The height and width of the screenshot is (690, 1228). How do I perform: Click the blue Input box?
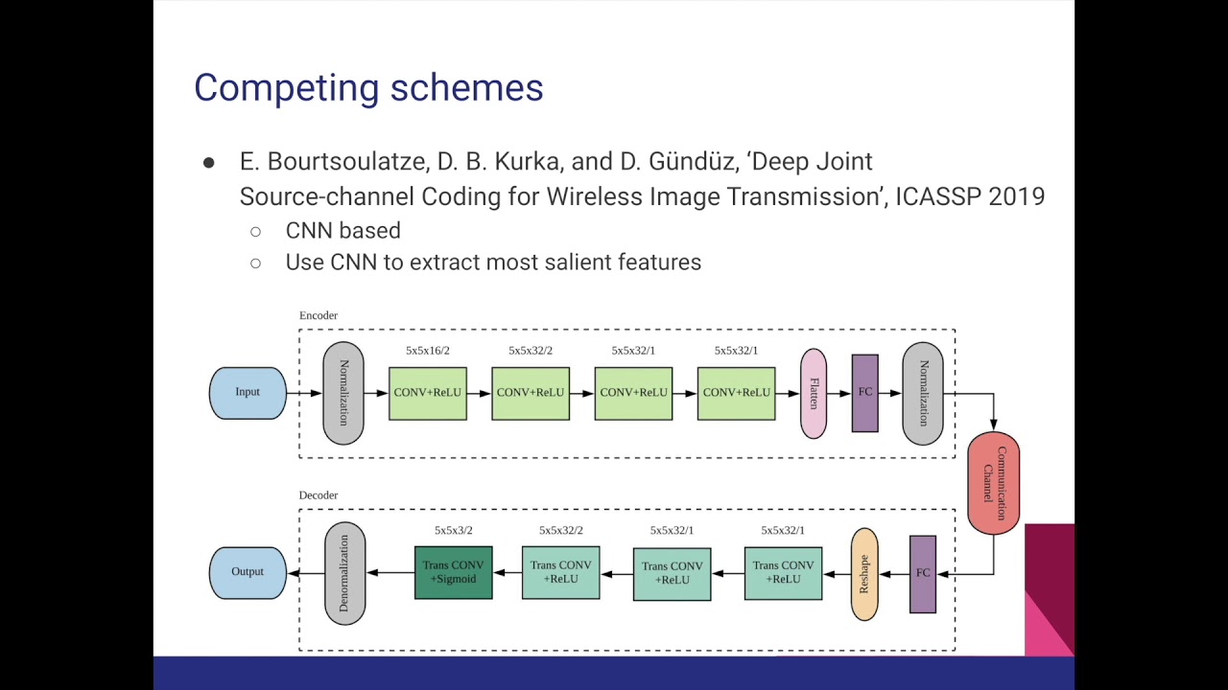tap(248, 393)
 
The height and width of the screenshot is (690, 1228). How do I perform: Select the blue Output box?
tap(248, 572)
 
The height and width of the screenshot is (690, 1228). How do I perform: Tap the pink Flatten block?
tap(813, 393)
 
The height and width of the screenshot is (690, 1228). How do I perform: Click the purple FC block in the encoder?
tap(864, 393)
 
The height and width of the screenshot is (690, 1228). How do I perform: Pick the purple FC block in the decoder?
tap(922, 573)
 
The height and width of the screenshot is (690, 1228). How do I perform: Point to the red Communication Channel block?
tap(993, 483)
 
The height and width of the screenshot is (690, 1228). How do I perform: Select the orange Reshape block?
tap(863, 573)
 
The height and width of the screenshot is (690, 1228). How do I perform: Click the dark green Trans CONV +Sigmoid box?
tap(453, 572)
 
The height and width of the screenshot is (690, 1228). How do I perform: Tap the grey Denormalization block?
tap(344, 573)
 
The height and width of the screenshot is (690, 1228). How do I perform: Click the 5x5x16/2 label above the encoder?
tap(427, 351)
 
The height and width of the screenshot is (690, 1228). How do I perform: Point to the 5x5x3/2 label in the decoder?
tap(453, 530)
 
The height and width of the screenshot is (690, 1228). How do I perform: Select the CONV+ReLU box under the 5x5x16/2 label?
tap(427, 393)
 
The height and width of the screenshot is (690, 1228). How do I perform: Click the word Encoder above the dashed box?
tap(318, 315)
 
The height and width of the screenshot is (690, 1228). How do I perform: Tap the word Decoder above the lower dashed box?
tap(318, 495)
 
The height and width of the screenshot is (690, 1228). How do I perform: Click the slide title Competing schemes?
tap(368, 88)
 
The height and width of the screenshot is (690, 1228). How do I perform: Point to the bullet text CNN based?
tap(342, 231)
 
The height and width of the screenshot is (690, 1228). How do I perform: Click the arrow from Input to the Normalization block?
tap(304, 393)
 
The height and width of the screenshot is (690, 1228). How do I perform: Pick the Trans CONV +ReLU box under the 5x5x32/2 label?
tap(560, 572)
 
